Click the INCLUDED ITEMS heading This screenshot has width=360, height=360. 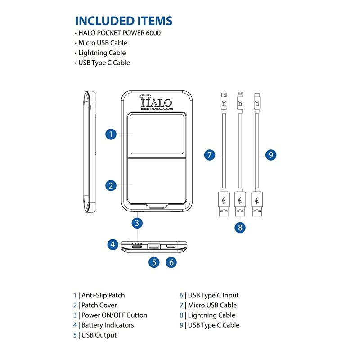click(123, 21)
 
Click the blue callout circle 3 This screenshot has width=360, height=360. click(138, 222)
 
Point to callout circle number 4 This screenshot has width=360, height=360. click(113, 245)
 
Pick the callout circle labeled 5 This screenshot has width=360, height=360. click(154, 262)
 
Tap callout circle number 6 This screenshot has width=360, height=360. click(171, 262)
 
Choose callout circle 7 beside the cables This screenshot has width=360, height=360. click(209, 155)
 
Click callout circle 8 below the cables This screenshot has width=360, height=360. click(240, 227)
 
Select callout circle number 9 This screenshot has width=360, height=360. click(270, 155)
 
